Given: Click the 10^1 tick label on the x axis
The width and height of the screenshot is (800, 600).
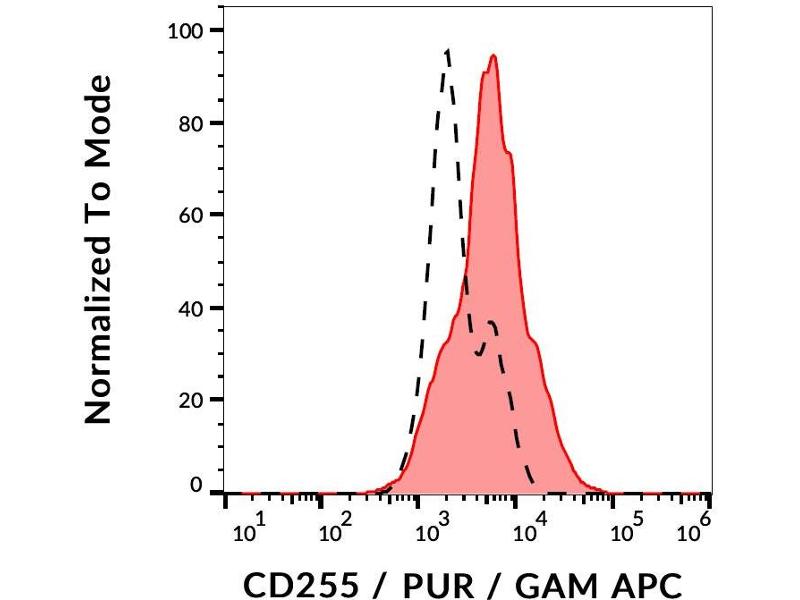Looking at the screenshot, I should [x=248, y=529].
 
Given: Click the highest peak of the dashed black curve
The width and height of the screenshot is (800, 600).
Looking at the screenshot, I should [x=447, y=49].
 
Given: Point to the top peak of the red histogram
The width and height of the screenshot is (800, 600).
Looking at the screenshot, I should [x=493, y=56].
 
